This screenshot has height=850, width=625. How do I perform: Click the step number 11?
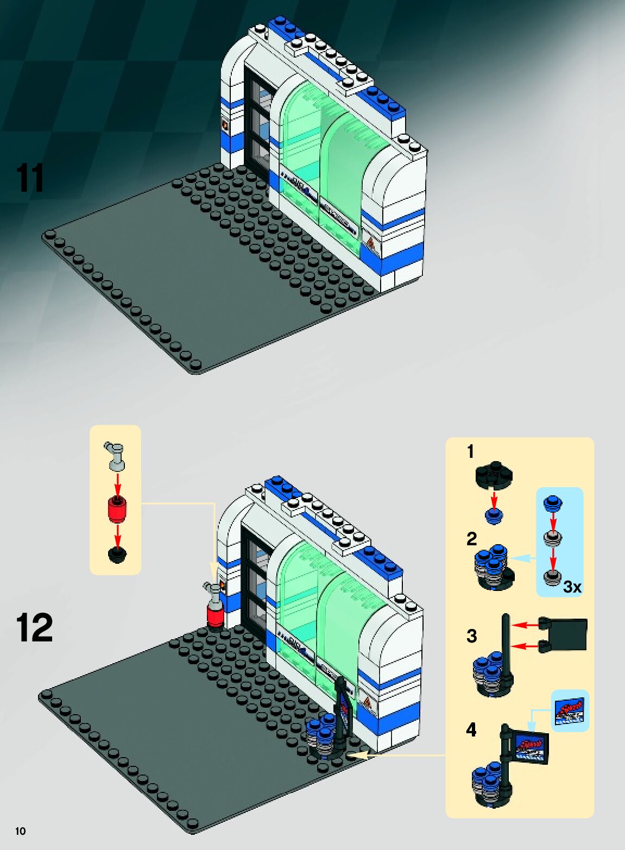pyautogui.click(x=30, y=178)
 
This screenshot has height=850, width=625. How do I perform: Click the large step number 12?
pyautogui.click(x=34, y=628)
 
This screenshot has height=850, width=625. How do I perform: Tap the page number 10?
pyautogui.click(x=20, y=831)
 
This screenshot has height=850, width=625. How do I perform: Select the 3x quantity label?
pyautogui.click(x=572, y=587)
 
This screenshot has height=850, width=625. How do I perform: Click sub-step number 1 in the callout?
pyautogui.click(x=470, y=451)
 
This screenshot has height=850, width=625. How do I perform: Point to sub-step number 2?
pyautogui.click(x=471, y=539)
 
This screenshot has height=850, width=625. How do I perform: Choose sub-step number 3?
pyautogui.click(x=471, y=635)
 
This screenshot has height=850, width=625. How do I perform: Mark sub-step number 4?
pyautogui.click(x=471, y=729)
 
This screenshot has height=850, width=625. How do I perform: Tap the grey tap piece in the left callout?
pyautogui.click(x=115, y=455)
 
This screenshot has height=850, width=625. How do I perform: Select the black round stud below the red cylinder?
pyautogui.click(x=117, y=555)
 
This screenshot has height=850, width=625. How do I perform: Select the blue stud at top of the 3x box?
pyautogui.click(x=552, y=503)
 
